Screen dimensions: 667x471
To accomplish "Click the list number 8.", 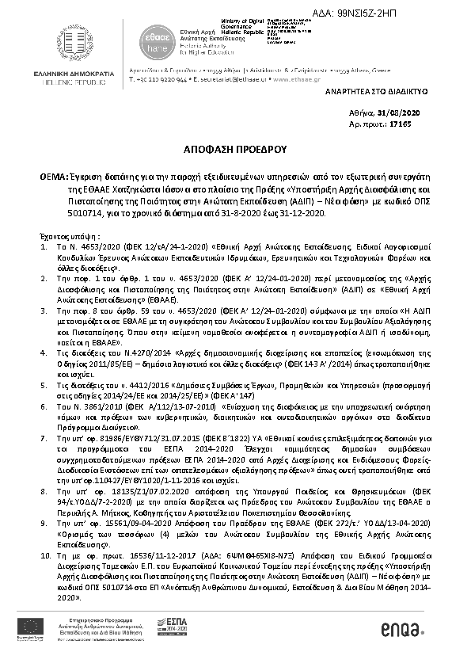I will point(44,491).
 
